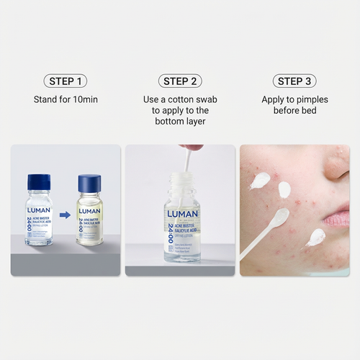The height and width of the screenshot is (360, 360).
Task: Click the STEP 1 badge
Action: (66, 81)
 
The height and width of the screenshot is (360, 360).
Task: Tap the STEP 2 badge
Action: (180, 81)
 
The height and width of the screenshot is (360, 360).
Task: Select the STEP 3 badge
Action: (294, 81)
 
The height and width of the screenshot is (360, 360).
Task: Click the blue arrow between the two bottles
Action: (65, 214)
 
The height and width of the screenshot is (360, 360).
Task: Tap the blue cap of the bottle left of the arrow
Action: (39, 181)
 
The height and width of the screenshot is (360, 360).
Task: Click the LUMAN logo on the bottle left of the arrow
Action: (40, 211)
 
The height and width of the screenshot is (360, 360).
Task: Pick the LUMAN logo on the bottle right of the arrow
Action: (90, 211)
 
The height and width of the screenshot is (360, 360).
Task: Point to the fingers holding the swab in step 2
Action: (191, 148)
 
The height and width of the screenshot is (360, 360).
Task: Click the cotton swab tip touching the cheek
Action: (279, 216)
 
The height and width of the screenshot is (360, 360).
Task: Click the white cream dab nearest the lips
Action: (315, 237)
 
